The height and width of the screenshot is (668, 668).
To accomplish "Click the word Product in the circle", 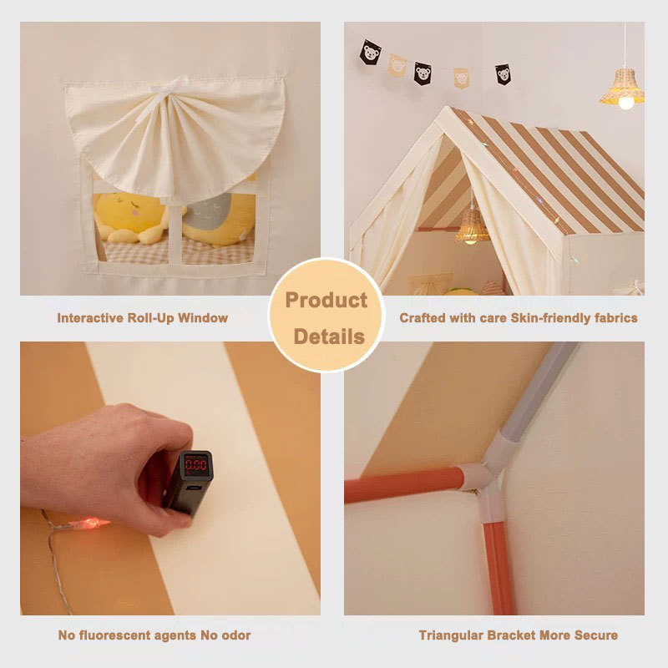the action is point(326,300).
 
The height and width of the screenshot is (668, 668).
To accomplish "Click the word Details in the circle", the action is point(329,337).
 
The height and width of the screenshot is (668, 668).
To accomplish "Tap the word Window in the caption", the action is point(203,318).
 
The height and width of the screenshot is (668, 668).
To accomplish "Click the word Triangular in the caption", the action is point(451,635).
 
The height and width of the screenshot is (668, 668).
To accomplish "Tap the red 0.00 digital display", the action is point(196,464).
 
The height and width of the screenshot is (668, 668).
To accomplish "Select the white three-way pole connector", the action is point(490,485).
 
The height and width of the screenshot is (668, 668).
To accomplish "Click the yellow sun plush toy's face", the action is point(127,209).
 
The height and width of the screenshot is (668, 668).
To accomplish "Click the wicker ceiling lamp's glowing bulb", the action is point(625,103).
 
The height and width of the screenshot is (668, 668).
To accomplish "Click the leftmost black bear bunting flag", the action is point(370,53).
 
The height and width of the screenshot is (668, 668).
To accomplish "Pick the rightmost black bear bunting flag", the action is point(504,74).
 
